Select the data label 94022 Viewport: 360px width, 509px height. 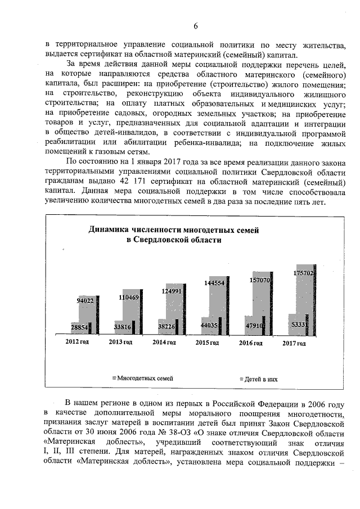tap(85, 301)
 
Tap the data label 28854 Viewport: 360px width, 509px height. tap(79, 327)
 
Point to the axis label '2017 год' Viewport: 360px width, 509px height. tap(294, 343)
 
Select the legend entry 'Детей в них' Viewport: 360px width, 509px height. tap(260, 379)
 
